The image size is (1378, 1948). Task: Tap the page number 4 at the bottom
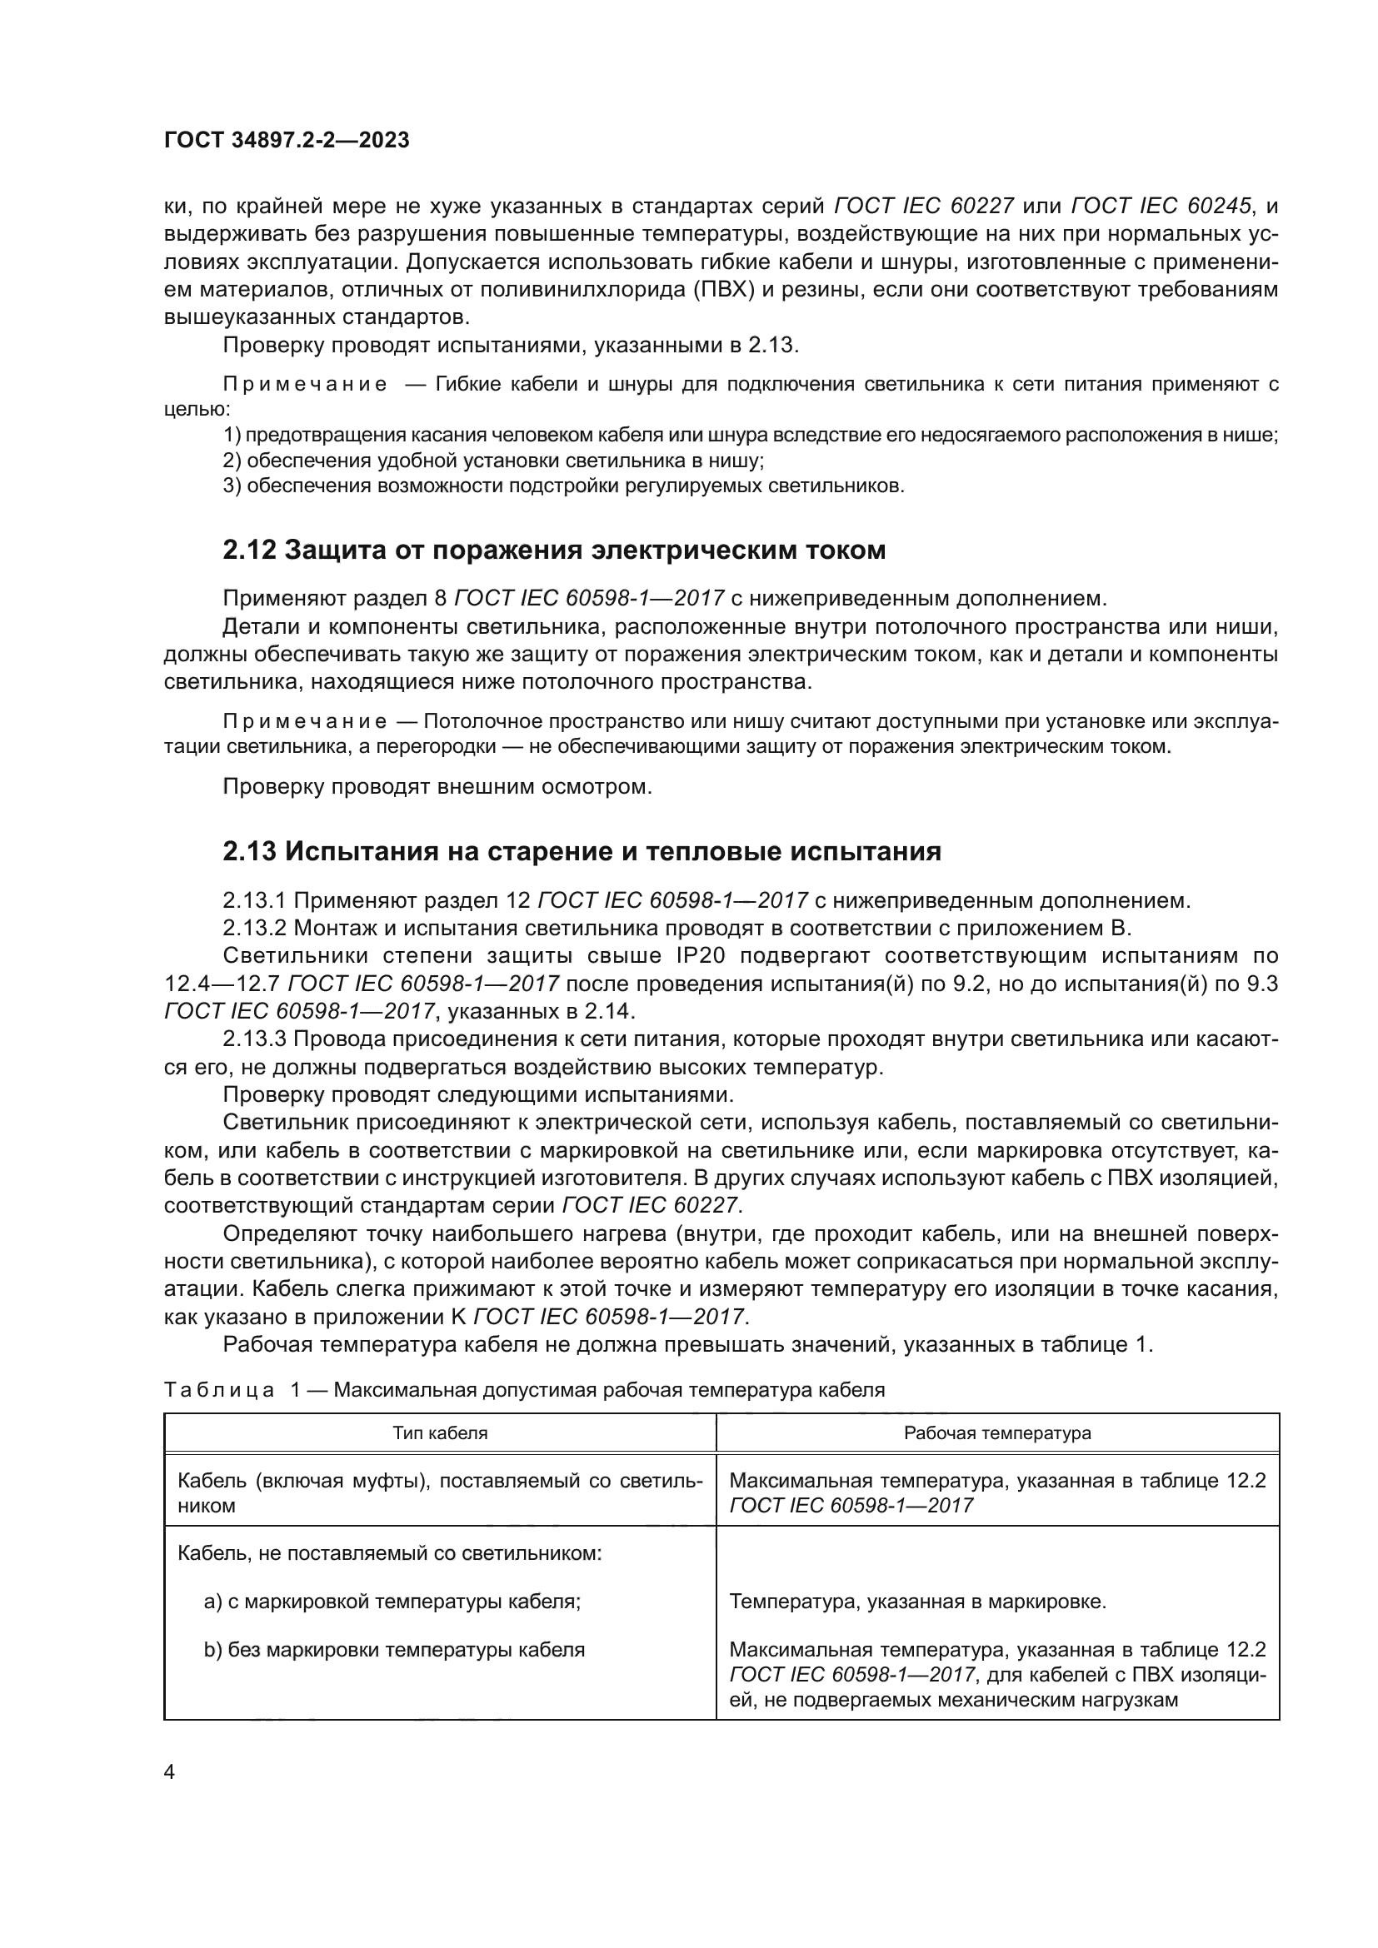click(169, 1772)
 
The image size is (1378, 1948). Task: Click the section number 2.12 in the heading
click(249, 551)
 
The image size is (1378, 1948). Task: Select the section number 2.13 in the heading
click(249, 852)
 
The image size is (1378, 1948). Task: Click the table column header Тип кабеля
click(440, 1433)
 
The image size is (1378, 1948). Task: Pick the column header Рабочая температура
click(997, 1433)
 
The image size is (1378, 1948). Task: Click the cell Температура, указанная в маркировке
click(918, 1602)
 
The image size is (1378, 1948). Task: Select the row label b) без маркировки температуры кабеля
click(394, 1650)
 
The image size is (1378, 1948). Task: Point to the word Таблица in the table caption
click(219, 1390)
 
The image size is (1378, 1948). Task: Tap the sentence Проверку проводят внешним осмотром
click(437, 786)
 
